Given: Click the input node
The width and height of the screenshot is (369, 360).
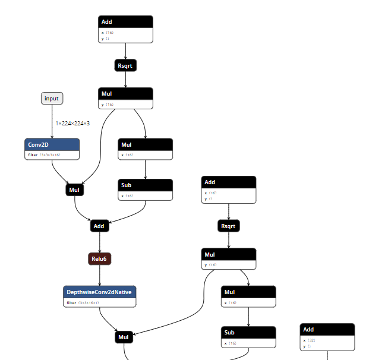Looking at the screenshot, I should click(x=52, y=98).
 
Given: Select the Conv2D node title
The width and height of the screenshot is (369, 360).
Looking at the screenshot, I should click(x=52, y=144).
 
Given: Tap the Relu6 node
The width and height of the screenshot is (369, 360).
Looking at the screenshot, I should click(x=99, y=259).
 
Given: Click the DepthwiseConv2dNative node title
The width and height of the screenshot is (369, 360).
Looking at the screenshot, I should click(x=99, y=292).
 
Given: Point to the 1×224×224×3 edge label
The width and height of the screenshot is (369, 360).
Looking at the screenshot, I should click(x=72, y=124).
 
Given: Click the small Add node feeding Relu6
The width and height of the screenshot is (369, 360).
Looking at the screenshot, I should click(x=99, y=226).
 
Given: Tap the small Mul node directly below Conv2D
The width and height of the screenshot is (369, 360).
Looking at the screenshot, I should click(x=74, y=190).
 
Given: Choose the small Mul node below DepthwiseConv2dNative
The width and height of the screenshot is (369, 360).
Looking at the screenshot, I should click(x=124, y=337).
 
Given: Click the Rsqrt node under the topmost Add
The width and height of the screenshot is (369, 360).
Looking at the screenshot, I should click(x=125, y=66).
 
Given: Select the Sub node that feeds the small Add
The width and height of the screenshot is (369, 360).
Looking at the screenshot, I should click(x=146, y=185).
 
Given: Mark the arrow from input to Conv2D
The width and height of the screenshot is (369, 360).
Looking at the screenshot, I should click(x=52, y=122).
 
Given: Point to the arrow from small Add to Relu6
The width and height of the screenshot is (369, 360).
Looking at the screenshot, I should click(x=99, y=242).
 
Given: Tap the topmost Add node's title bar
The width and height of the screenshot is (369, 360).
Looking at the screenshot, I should click(x=125, y=22).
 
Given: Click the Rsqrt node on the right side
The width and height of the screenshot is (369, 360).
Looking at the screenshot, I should click(x=229, y=226).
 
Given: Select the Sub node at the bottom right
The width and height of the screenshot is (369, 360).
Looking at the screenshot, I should click(x=248, y=333).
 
